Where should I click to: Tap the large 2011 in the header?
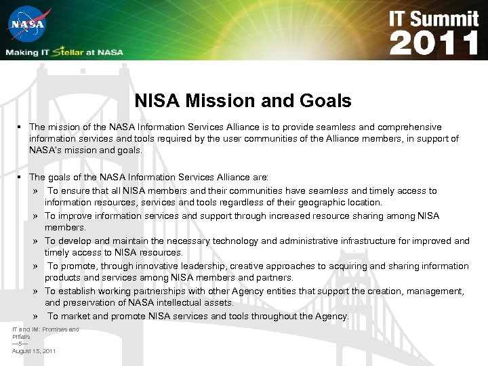tap(434, 43)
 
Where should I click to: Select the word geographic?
tap(323, 203)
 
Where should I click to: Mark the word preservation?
tap(89, 303)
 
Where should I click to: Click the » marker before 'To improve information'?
tap(34, 216)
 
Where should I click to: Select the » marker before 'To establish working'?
tap(34, 291)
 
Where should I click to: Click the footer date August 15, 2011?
tap(34, 351)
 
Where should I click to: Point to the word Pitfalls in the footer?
tap(21, 337)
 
